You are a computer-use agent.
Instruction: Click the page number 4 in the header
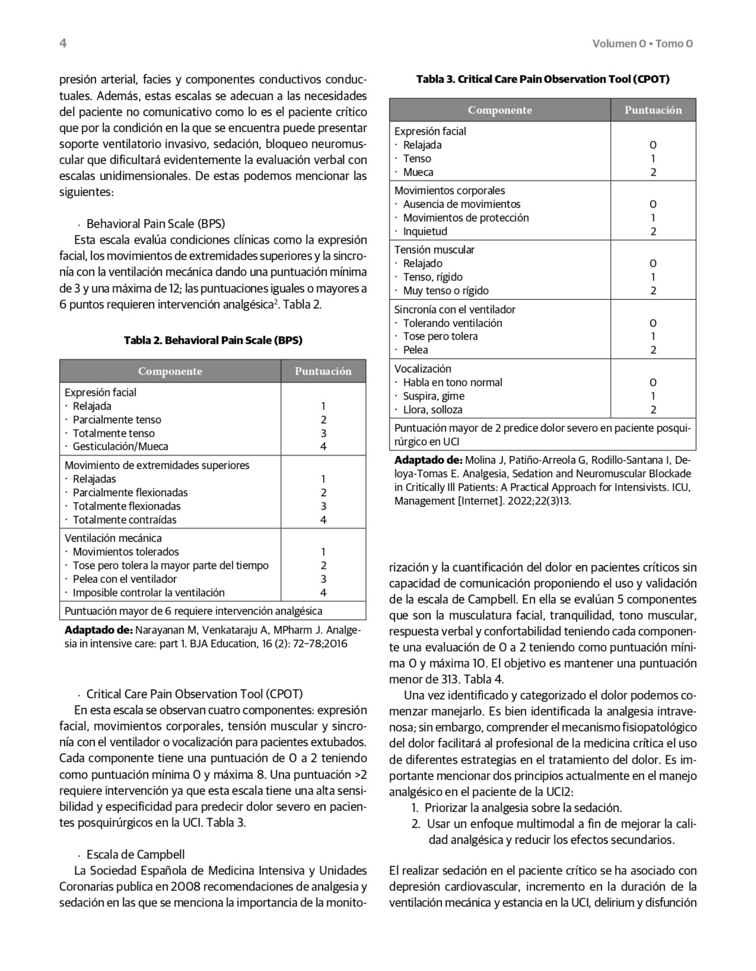tap(63, 43)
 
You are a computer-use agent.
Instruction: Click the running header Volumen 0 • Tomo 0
tap(642, 44)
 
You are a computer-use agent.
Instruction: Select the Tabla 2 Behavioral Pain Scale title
tap(213, 340)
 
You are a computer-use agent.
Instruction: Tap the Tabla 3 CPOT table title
tap(543, 79)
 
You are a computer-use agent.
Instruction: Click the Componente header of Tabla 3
tap(499, 110)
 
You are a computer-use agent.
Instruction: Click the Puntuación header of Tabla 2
tap(323, 371)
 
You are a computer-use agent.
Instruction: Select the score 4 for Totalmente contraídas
tap(324, 520)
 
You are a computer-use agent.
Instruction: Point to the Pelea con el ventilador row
tap(124, 579)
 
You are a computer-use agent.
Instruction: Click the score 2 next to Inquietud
tap(653, 232)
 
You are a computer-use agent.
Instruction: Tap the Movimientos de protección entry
tap(465, 218)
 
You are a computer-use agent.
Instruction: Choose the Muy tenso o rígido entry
tap(446, 290)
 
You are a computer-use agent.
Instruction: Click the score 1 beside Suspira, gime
tap(653, 396)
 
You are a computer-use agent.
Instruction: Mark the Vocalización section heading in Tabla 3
tap(423, 368)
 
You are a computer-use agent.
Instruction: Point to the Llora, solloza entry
tap(432, 409)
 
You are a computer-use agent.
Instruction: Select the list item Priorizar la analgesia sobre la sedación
tap(523, 808)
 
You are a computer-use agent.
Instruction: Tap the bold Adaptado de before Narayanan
tap(98, 630)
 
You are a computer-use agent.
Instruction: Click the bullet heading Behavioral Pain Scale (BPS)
tap(155, 224)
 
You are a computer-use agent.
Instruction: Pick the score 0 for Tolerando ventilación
tap(653, 323)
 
